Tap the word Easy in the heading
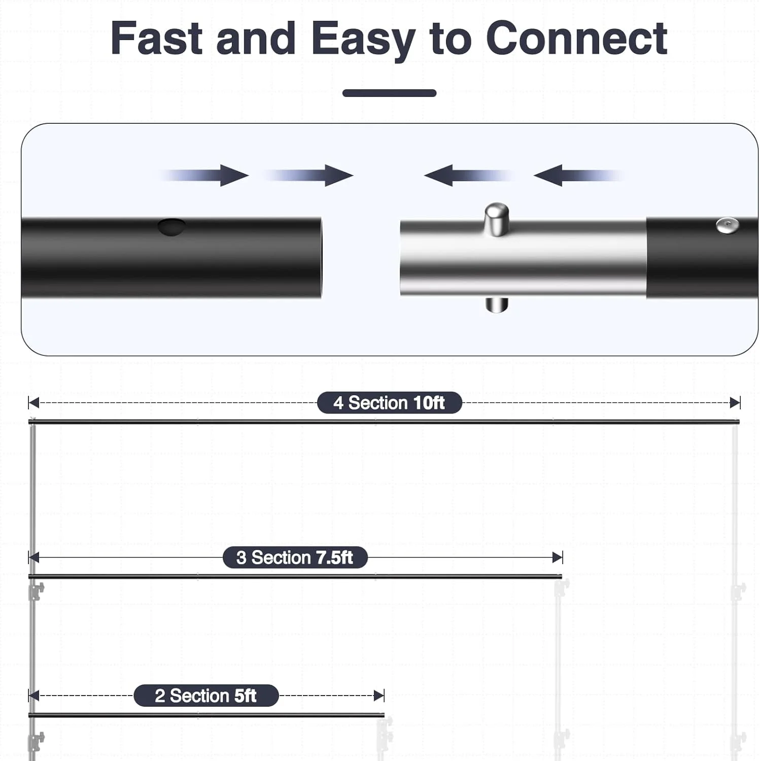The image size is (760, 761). (363, 41)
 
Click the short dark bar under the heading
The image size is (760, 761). (389, 93)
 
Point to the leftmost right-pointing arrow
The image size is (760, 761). (203, 176)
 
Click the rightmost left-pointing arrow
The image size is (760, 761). (578, 176)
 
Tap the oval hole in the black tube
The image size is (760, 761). (171, 227)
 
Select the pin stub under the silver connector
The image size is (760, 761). (497, 304)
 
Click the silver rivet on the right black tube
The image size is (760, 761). (727, 225)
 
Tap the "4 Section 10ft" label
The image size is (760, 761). (389, 403)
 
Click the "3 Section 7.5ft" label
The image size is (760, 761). (295, 558)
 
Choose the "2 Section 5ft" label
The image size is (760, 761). (206, 696)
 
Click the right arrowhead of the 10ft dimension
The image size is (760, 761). (735, 403)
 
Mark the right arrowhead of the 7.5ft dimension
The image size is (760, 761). (558, 558)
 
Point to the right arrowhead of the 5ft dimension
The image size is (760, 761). (379, 696)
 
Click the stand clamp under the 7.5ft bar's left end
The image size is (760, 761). (36, 591)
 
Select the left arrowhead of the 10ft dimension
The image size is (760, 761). (33, 403)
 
